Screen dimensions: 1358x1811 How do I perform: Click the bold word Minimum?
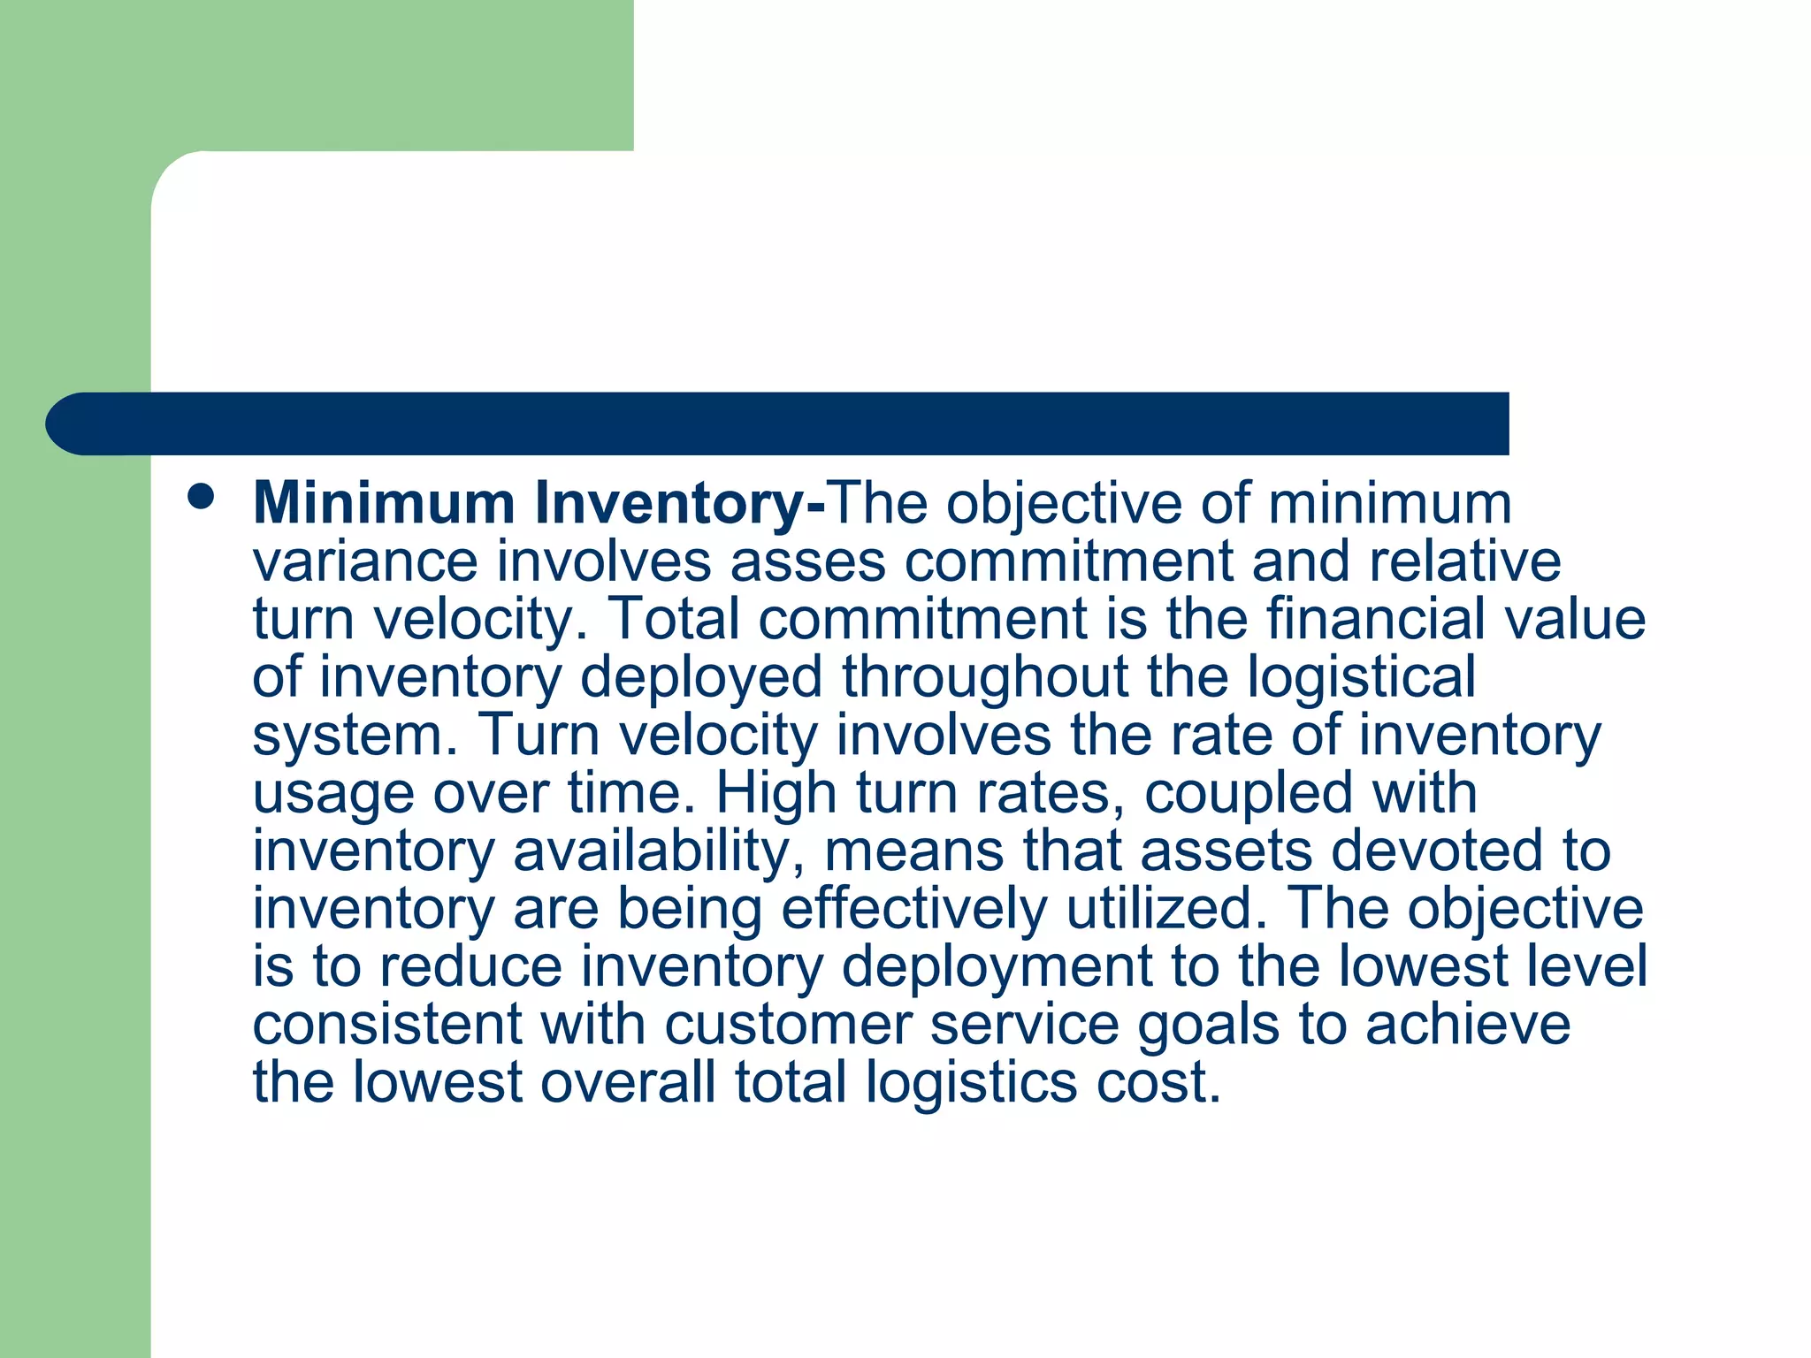pyautogui.click(x=384, y=504)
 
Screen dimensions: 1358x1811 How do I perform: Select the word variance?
pyautogui.click(x=365, y=562)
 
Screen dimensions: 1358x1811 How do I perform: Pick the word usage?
pyautogui.click(x=333, y=794)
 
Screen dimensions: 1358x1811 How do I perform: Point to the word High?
pyautogui.click(x=776, y=792)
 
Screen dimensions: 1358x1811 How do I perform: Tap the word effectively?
pyautogui.click(x=913, y=909)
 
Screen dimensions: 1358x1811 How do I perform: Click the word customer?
pyautogui.click(x=788, y=1025)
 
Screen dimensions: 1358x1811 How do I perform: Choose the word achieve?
pyautogui.click(x=1468, y=1025)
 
